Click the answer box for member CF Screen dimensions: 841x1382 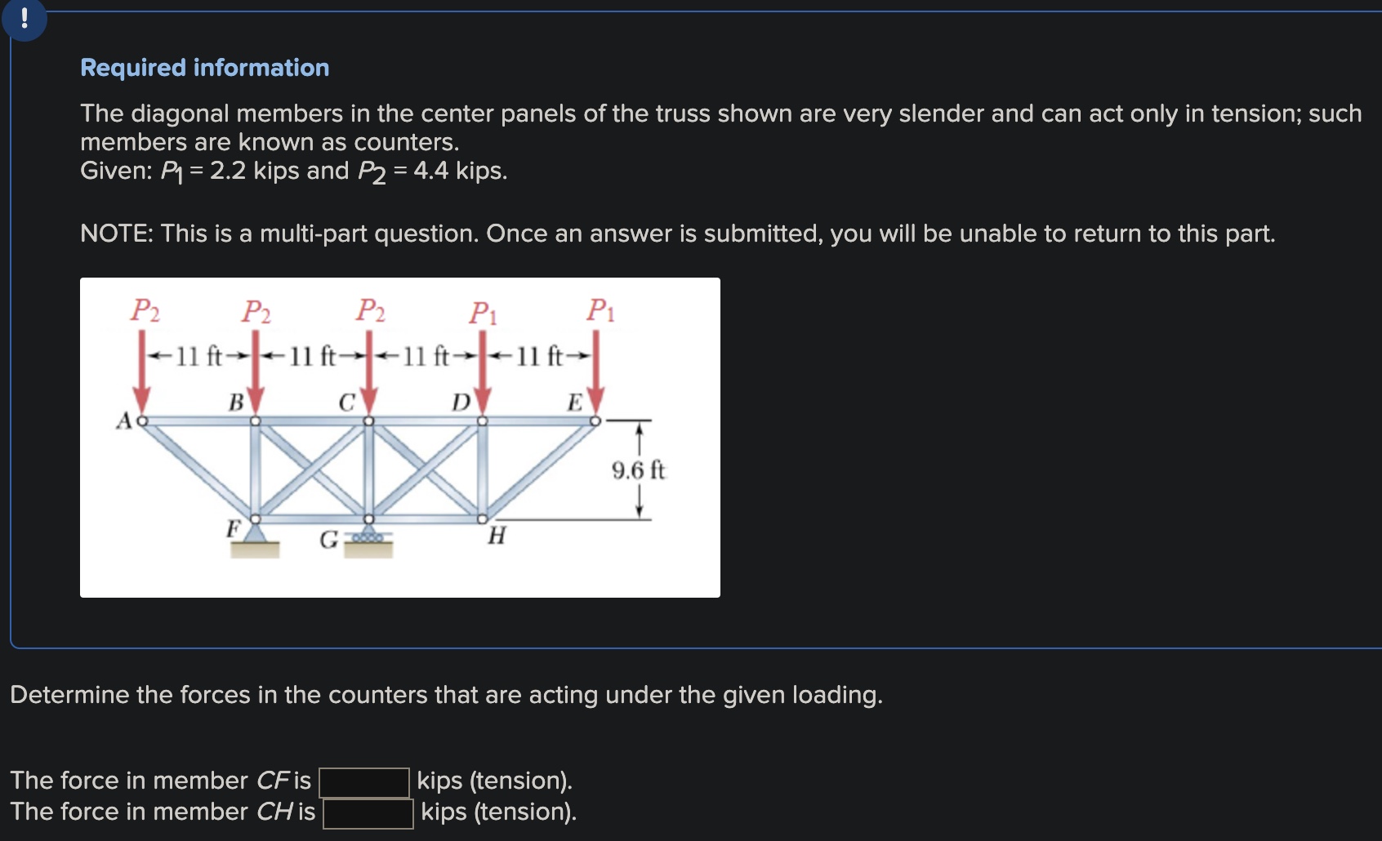363,782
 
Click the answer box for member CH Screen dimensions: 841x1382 368,813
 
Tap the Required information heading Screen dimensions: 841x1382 204,68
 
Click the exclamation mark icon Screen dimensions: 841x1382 25,18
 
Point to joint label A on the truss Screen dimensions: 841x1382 124,421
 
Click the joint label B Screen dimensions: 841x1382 236,403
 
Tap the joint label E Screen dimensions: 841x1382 575,403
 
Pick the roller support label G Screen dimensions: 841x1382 328,540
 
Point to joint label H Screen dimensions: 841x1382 497,536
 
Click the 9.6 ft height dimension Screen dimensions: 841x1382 638,470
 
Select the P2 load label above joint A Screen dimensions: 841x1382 145,310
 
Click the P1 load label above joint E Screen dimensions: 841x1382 600,310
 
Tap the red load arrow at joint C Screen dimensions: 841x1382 369,376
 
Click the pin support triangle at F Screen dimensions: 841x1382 256,533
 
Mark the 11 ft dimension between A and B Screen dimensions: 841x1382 198,356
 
